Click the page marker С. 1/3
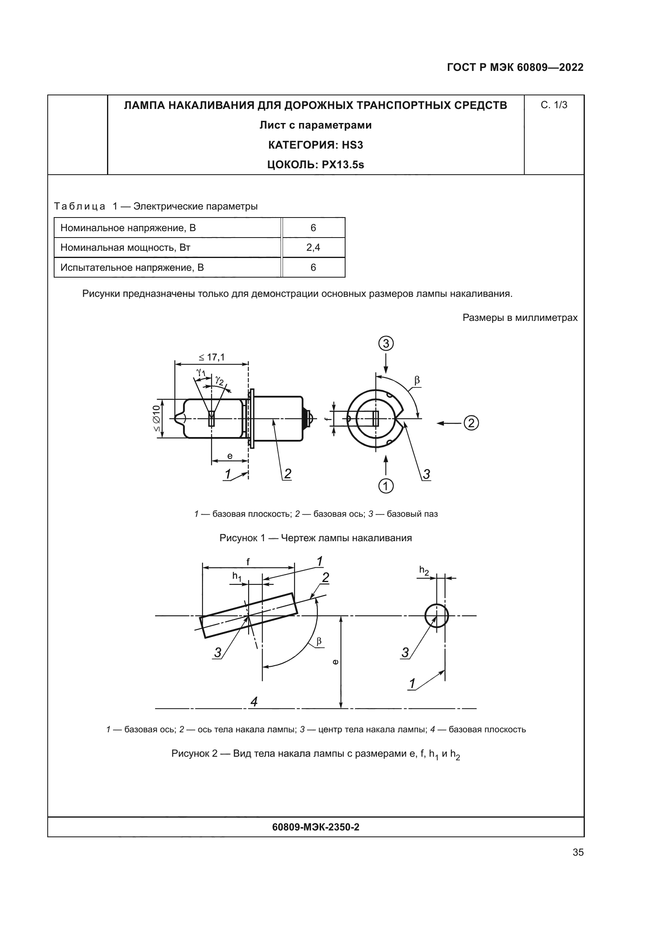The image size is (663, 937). coord(554,105)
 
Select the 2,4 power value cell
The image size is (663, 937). coord(313,248)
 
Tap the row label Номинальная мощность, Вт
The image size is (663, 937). coord(125,248)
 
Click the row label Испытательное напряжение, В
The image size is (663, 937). coord(132,268)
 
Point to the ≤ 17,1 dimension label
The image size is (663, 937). coord(212,357)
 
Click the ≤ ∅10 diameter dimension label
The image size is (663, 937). coord(156,418)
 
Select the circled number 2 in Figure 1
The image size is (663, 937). coord(471,423)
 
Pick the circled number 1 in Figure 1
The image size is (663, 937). coord(386,486)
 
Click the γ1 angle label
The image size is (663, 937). coord(201,372)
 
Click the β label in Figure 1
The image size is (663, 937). coord(417,380)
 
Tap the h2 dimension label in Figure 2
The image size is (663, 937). coord(424,570)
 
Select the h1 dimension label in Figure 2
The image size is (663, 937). coord(237,576)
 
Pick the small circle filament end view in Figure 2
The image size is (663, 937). coord(437,615)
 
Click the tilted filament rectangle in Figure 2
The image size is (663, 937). coord(248,615)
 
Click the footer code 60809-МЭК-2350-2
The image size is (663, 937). coord(315,827)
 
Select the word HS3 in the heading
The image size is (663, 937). coord(352,145)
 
